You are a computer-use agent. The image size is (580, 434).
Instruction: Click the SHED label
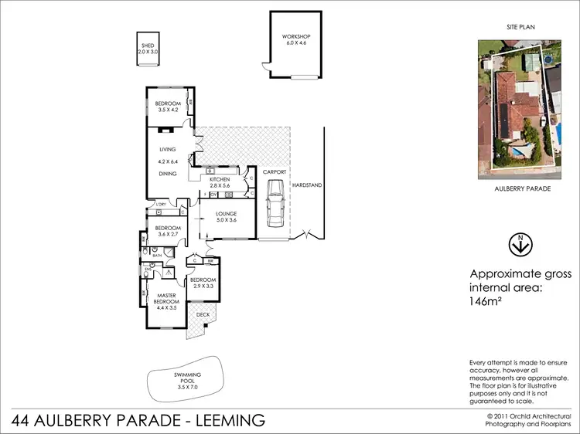[x=147, y=46]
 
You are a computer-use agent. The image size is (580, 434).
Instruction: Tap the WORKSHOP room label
[x=295, y=37]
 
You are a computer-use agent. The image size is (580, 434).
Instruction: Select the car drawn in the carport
[x=275, y=202]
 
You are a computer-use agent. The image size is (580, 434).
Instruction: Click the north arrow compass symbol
[x=522, y=244]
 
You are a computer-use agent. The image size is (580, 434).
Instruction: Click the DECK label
[x=203, y=315]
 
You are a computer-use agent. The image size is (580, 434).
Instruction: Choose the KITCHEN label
[x=220, y=179]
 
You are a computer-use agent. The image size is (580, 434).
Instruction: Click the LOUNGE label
[x=225, y=214]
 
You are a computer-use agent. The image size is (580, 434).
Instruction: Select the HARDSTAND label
[x=306, y=185]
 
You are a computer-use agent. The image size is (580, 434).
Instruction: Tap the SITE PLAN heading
[x=521, y=26]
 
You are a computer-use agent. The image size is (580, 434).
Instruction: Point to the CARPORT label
[x=275, y=171]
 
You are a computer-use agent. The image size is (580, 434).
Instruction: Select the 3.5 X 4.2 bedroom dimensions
[x=168, y=110]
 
